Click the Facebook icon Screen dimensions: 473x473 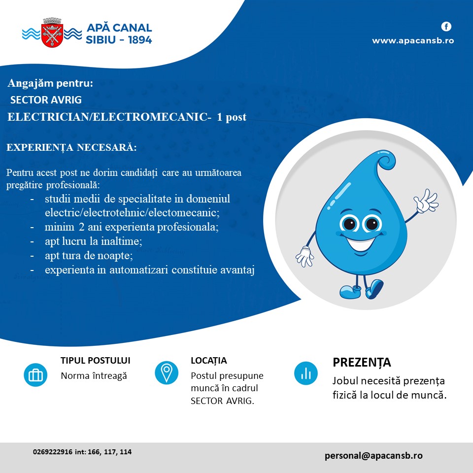446,27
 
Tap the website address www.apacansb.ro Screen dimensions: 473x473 413,41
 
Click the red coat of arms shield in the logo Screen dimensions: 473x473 52,35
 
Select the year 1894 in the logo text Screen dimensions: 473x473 139,40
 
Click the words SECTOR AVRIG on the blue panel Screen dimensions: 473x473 46,100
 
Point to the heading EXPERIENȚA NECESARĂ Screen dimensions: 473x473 71,147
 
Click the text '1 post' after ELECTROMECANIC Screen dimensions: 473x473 232,117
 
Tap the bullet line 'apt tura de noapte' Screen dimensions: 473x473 89,256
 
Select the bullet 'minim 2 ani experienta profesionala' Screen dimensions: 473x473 132,227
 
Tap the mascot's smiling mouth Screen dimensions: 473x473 360,243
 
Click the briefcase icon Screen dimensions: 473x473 35,375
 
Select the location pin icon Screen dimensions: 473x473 167,373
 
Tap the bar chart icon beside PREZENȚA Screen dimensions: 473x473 306,373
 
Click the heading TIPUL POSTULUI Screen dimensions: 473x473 95,361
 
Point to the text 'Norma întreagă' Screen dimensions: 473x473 94,376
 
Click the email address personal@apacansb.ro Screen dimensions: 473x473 373,455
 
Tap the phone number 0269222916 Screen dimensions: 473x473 53,452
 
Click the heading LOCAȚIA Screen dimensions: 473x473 209,361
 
